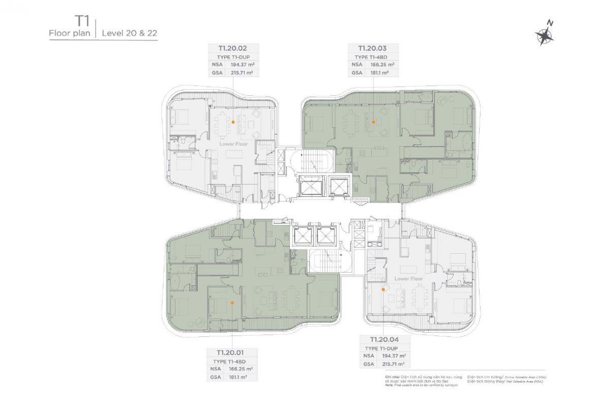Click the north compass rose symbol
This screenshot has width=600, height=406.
pyautogui.click(x=544, y=35)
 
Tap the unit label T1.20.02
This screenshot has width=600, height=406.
pyautogui.click(x=233, y=48)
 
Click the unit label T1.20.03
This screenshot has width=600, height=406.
pyautogui.click(x=373, y=48)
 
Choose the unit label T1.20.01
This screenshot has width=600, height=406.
pyautogui.click(x=232, y=352)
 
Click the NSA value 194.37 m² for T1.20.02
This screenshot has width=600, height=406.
pyautogui.click(x=241, y=64)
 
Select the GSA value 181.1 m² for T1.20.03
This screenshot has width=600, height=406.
pyautogui.click(x=381, y=73)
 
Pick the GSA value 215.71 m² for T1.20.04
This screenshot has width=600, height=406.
pyautogui.click(x=394, y=364)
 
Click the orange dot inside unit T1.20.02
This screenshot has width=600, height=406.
pyautogui.click(x=233, y=122)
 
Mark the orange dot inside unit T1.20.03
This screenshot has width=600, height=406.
pyautogui.click(x=373, y=122)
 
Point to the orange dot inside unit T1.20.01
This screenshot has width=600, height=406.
pyautogui.click(x=232, y=303)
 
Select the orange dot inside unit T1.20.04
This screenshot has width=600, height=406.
pyautogui.click(x=383, y=290)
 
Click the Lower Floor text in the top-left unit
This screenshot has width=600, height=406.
pyautogui.click(x=234, y=144)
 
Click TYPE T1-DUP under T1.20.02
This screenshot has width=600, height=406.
pyautogui.click(x=234, y=56)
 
